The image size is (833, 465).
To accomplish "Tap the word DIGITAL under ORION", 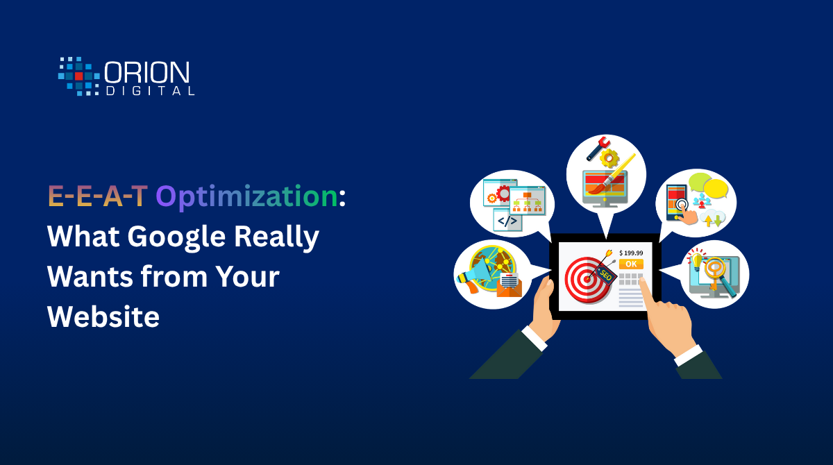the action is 150,91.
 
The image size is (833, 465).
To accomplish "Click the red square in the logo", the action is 79,76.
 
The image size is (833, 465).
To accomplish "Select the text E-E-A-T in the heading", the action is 98,196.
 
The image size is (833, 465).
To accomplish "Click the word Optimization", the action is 246,197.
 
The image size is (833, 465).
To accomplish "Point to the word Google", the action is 176,238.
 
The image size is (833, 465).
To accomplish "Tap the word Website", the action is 103,316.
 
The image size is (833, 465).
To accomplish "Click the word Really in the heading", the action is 276,238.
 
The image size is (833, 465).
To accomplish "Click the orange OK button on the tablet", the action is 631,264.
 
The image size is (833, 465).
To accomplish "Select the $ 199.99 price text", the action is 631,253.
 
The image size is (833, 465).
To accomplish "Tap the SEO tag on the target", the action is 605,276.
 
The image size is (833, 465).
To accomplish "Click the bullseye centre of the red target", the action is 587,279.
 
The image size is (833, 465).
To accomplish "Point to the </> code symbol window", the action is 507,220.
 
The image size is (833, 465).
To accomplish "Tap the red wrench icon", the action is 598,149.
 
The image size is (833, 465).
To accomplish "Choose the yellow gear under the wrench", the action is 609,159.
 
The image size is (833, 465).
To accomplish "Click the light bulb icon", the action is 696,259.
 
